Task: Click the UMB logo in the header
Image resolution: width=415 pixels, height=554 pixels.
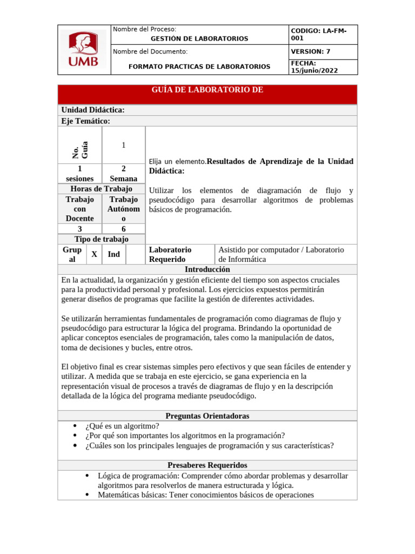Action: (x=83, y=49)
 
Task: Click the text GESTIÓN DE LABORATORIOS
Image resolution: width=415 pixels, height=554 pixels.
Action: (x=199, y=39)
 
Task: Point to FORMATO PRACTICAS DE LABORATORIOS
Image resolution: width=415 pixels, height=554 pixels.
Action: (x=199, y=67)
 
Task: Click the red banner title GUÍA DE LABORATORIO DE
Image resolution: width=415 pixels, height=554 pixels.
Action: (x=207, y=90)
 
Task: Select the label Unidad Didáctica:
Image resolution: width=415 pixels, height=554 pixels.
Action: (x=93, y=110)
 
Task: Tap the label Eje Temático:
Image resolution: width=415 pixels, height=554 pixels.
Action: (x=86, y=121)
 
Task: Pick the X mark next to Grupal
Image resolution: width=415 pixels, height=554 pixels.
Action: (x=94, y=254)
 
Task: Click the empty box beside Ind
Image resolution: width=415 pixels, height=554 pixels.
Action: (x=135, y=254)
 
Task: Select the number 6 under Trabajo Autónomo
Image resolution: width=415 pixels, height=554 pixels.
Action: (x=124, y=229)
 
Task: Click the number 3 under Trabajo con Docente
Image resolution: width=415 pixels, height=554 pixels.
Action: (x=80, y=229)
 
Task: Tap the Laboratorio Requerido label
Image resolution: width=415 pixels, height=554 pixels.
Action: (x=170, y=254)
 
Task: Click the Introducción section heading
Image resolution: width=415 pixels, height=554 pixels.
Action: (x=207, y=269)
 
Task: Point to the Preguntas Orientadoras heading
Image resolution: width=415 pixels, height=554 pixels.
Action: (x=207, y=415)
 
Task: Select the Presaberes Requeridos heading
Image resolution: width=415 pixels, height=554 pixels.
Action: (x=207, y=465)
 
